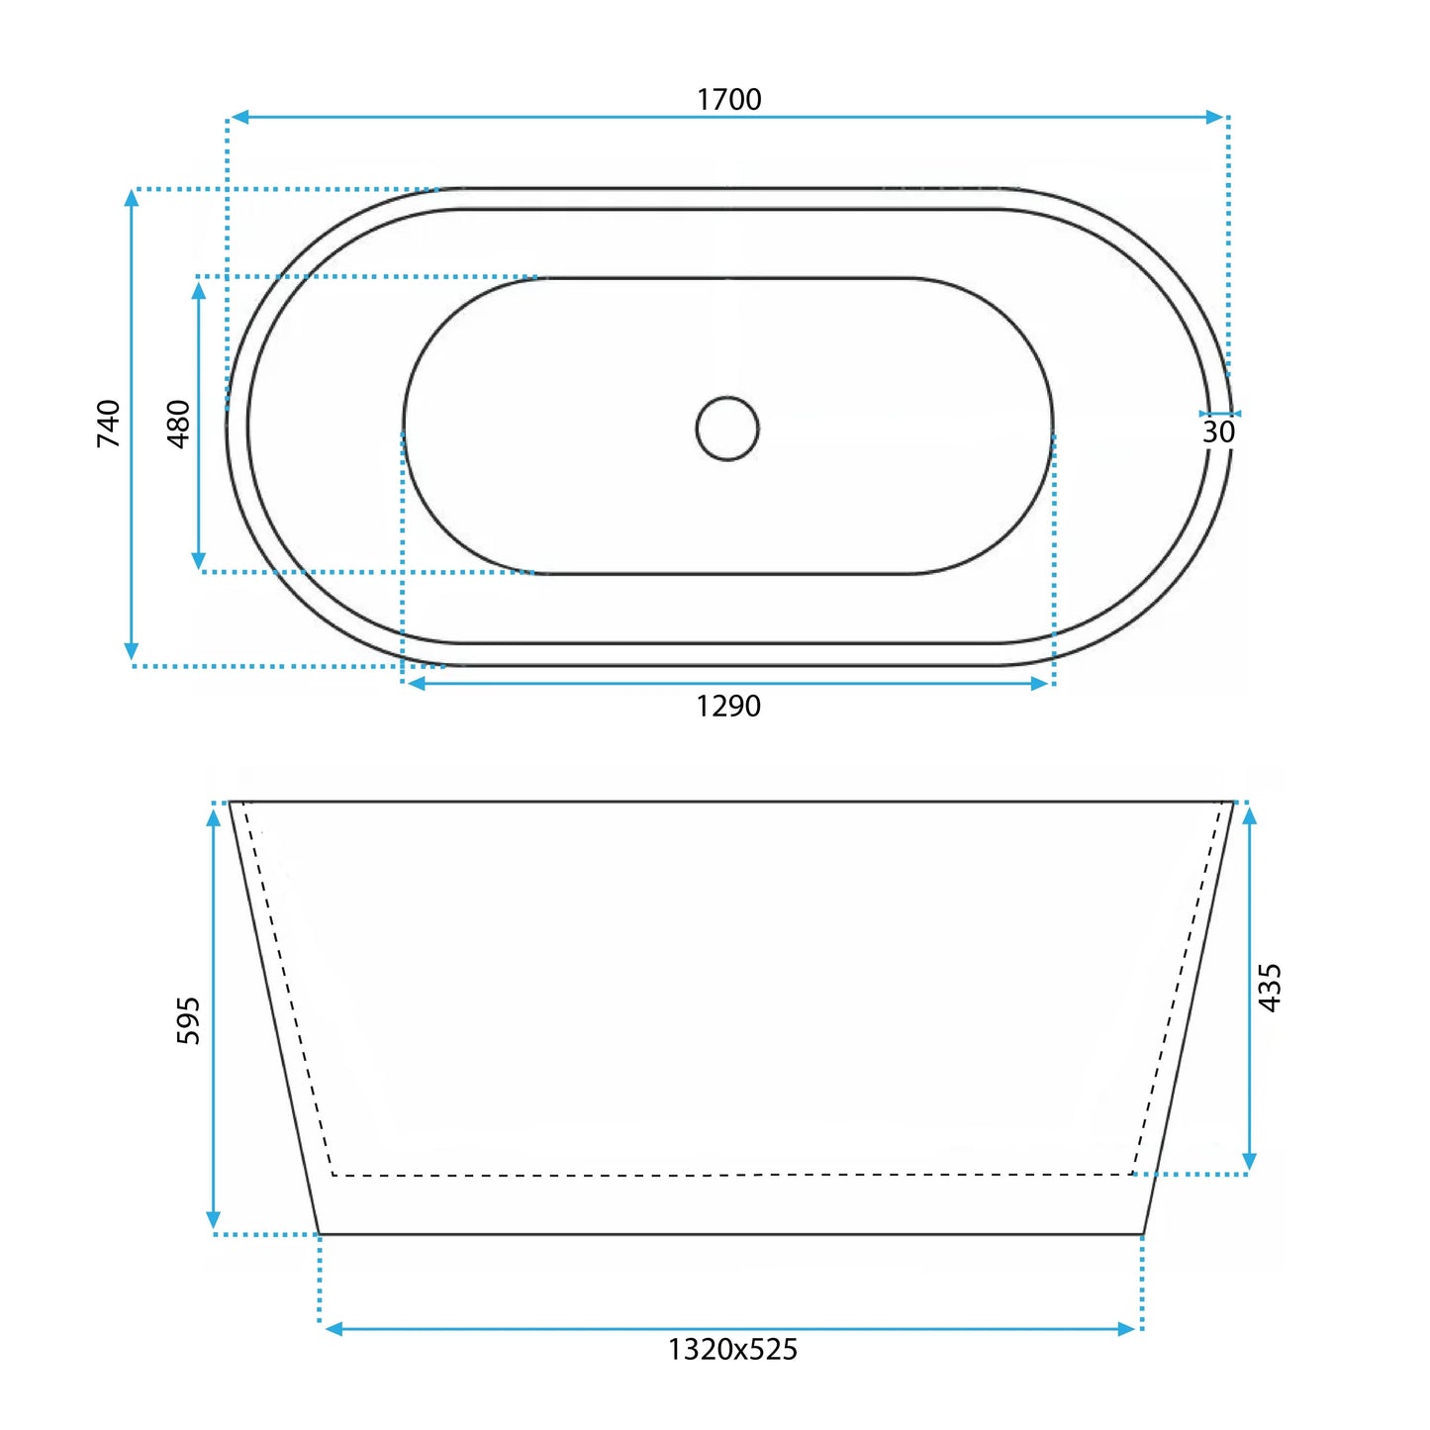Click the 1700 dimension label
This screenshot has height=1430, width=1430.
(x=728, y=99)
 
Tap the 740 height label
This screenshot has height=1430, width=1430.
(x=108, y=423)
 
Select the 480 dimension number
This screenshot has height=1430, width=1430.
(x=179, y=424)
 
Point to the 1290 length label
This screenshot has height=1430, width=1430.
(x=728, y=706)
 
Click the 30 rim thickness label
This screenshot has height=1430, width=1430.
(x=1218, y=431)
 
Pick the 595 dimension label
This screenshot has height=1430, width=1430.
(x=188, y=1020)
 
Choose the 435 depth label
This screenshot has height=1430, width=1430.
(x=1270, y=988)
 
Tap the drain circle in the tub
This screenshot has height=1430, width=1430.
(x=727, y=396)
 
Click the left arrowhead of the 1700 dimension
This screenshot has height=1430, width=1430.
(x=238, y=117)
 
